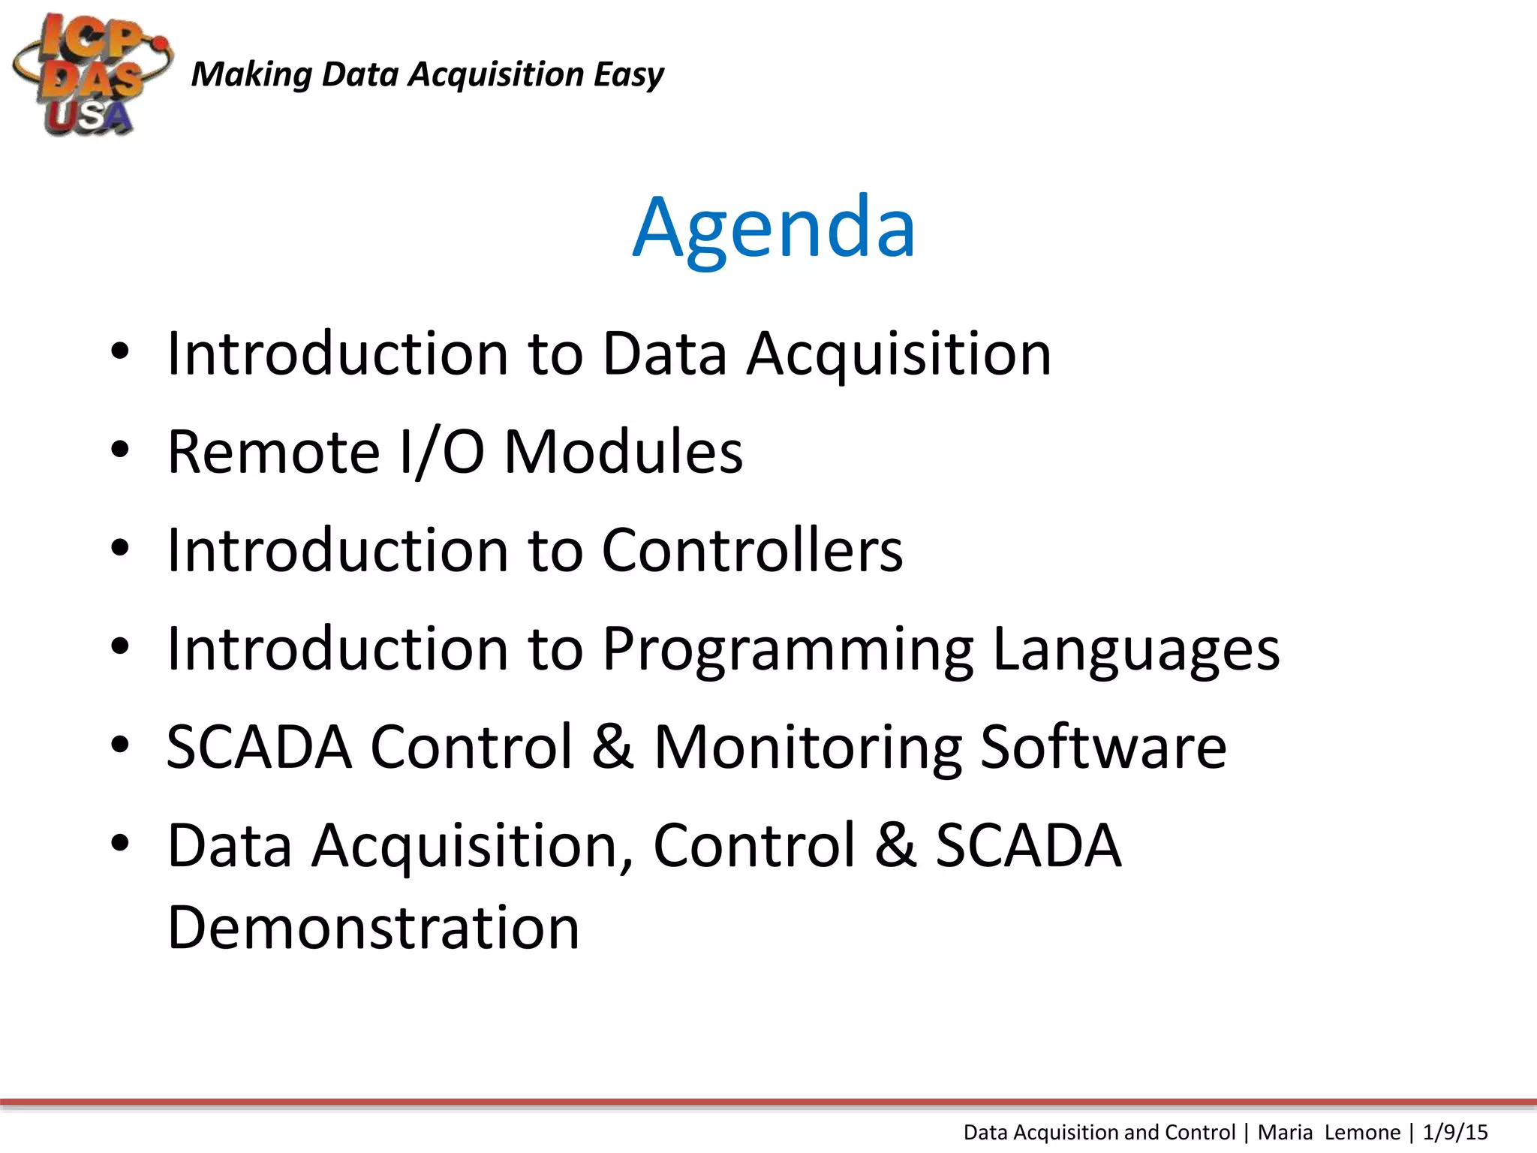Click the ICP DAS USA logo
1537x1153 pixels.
tap(92, 75)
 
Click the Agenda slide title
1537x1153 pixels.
tap(774, 227)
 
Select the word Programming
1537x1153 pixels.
tap(788, 650)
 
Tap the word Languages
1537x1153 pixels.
tap(1136, 650)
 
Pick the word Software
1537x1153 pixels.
tap(1103, 748)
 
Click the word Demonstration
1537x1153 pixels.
tap(373, 928)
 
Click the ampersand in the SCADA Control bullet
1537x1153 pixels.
tap(612, 748)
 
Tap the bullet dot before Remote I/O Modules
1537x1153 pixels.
tap(120, 450)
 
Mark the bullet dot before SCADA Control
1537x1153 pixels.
tap(120, 745)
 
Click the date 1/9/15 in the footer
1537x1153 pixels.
tap(1454, 1132)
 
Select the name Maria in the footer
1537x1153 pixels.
tap(1285, 1132)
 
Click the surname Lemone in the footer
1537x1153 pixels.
tap(1362, 1132)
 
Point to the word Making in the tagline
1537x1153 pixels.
tap(251, 75)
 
